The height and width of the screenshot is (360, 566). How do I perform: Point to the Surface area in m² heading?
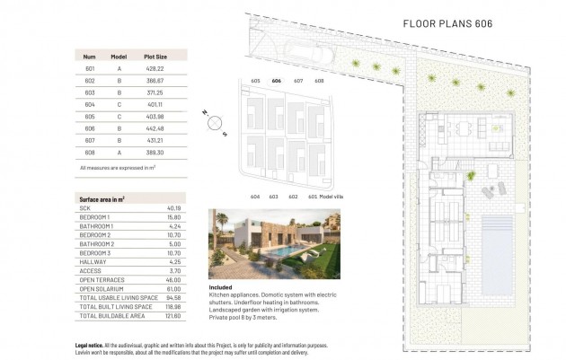[102, 198]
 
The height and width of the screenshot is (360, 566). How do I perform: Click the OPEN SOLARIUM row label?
[101, 288]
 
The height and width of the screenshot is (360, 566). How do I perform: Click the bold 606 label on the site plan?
[276, 81]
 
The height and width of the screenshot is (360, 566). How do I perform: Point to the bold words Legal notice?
[93, 345]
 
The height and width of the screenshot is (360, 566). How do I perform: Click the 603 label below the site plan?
[273, 196]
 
